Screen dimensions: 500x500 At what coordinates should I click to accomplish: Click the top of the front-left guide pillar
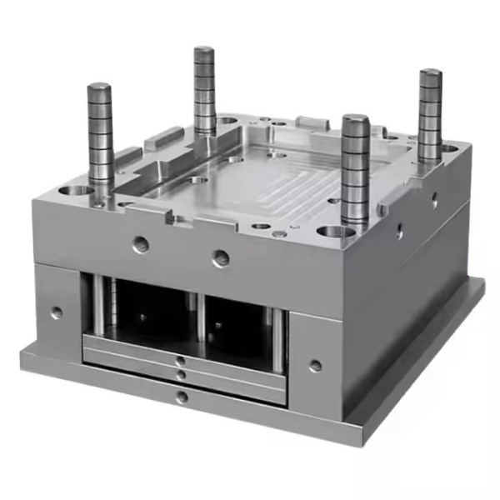click(x=99, y=87)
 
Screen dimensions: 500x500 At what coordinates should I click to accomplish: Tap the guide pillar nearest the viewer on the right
click(x=355, y=167)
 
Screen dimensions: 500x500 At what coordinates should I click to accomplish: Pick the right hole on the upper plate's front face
click(x=221, y=258)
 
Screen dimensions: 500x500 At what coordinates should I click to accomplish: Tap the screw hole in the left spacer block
click(x=56, y=312)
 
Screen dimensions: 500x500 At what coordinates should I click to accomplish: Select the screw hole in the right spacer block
click(x=315, y=365)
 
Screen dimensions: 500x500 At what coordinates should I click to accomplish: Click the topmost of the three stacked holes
click(x=181, y=361)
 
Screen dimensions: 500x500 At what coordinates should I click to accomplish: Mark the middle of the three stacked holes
click(x=181, y=377)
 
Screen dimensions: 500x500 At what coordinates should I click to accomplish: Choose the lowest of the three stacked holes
click(x=182, y=397)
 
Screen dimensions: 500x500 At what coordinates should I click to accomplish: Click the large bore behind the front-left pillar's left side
click(x=79, y=192)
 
